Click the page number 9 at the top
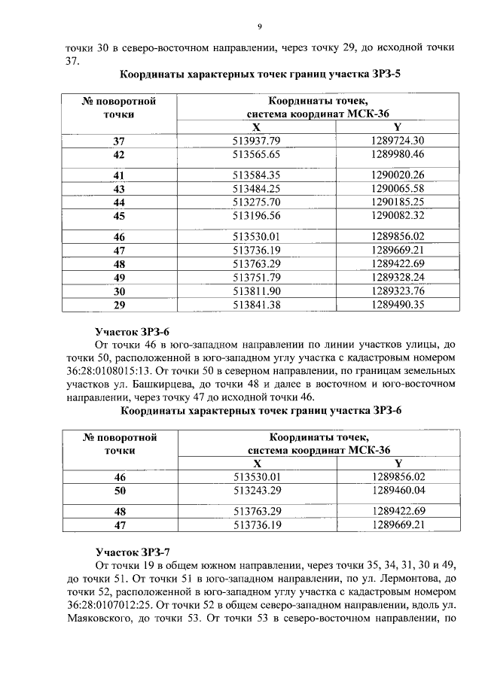[x=258, y=27]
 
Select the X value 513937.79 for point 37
[x=257, y=141]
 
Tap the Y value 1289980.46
[x=398, y=154]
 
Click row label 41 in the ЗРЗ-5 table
[x=118, y=175]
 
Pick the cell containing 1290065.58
[x=398, y=188]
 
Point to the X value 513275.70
[x=257, y=202]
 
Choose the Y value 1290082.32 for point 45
[x=398, y=216]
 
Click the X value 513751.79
[x=257, y=277]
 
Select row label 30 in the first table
[x=118, y=290]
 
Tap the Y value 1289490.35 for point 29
[x=398, y=304]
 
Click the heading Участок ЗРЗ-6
[x=133, y=331]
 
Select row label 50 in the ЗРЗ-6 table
[x=118, y=491]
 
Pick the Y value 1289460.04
[x=398, y=491]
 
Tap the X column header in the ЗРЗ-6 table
[x=257, y=464]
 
